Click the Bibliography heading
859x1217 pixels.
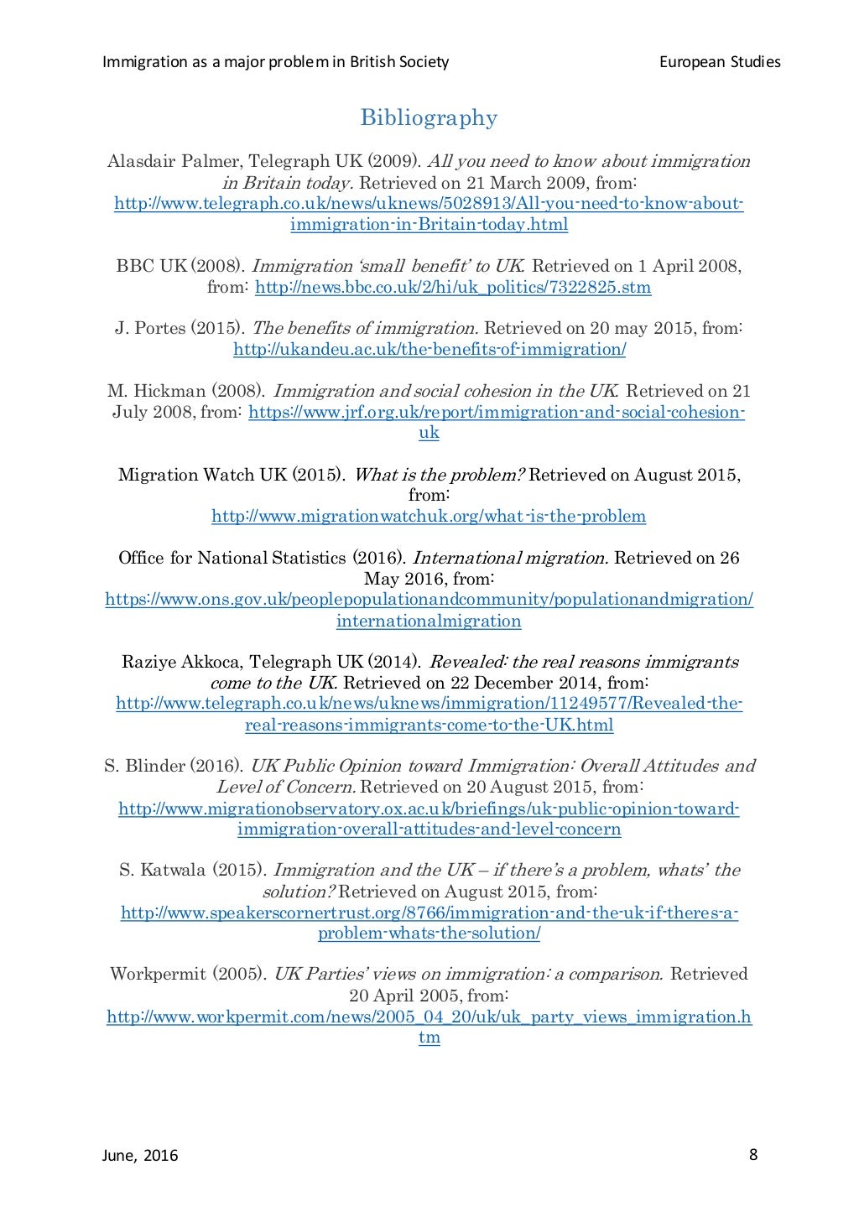pos(429,118)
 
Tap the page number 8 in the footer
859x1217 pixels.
pos(752,1155)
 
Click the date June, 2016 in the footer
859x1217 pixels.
pos(140,1156)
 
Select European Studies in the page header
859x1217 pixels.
pos(720,62)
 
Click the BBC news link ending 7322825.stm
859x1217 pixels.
pos(453,288)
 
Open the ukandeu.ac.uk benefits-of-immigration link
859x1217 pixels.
pos(429,350)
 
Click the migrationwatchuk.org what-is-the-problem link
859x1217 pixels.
pos(429,516)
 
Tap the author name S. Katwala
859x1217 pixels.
pos(163,870)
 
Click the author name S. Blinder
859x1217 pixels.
pos(144,766)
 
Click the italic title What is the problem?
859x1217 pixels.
pos(439,475)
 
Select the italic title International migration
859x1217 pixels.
pos(510,558)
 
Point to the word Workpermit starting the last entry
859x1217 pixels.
pos(158,974)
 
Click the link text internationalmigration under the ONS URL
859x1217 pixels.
pos(429,622)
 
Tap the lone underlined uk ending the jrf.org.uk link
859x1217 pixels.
pos(429,433)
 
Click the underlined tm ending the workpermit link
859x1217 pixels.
pos(429,1038)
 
